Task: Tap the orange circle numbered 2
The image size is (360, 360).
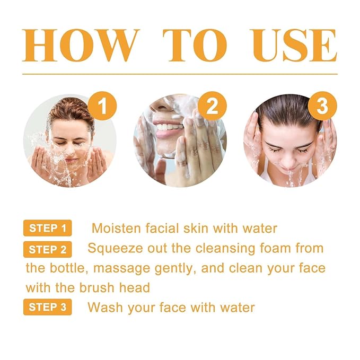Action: [x=212, y=107]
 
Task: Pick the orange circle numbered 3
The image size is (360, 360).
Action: [x=322, y=107]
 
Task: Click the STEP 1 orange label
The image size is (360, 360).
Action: [x=48, y=229]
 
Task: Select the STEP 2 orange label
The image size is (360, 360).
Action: [x=48, y=249]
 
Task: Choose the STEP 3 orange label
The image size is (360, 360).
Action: [x=48, y=308]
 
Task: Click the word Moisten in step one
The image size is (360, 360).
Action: [x=118, y=229]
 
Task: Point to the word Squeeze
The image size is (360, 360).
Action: [x=113, y=248]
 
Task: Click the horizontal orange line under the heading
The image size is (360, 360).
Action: [x=180, y=74]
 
